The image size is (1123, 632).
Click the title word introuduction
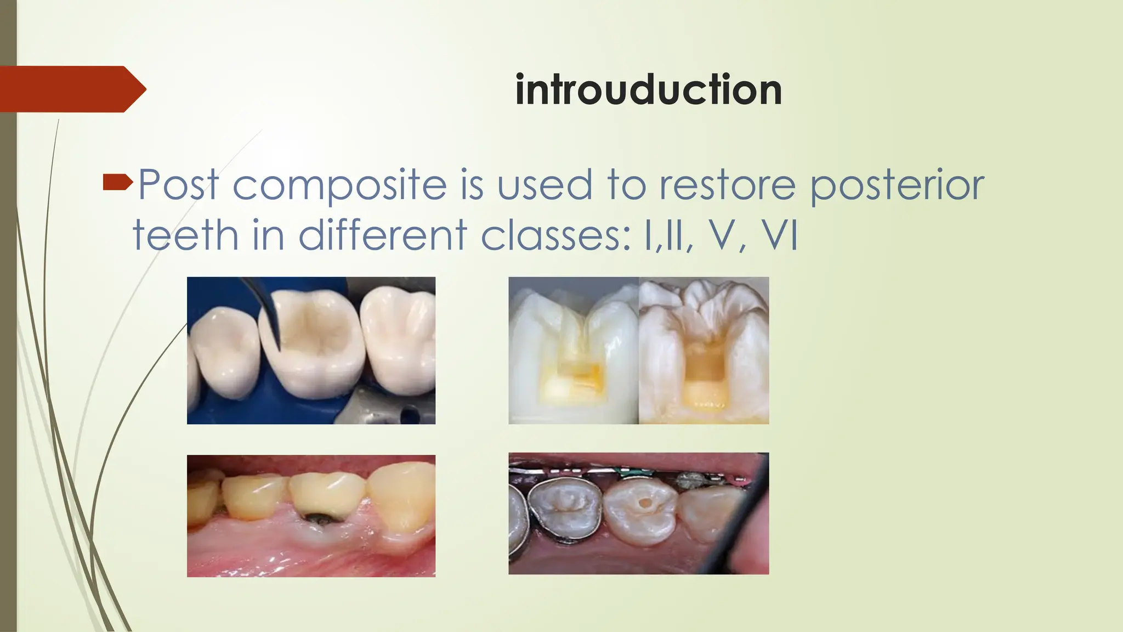point(648,90)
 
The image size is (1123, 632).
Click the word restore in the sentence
point(727,185)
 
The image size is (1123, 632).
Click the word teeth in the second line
point(185,235)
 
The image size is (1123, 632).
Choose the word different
point(382,235)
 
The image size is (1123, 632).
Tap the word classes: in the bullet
point(556,235)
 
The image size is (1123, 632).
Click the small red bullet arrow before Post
point(117,182)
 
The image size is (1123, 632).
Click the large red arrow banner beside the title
point(71,89)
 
